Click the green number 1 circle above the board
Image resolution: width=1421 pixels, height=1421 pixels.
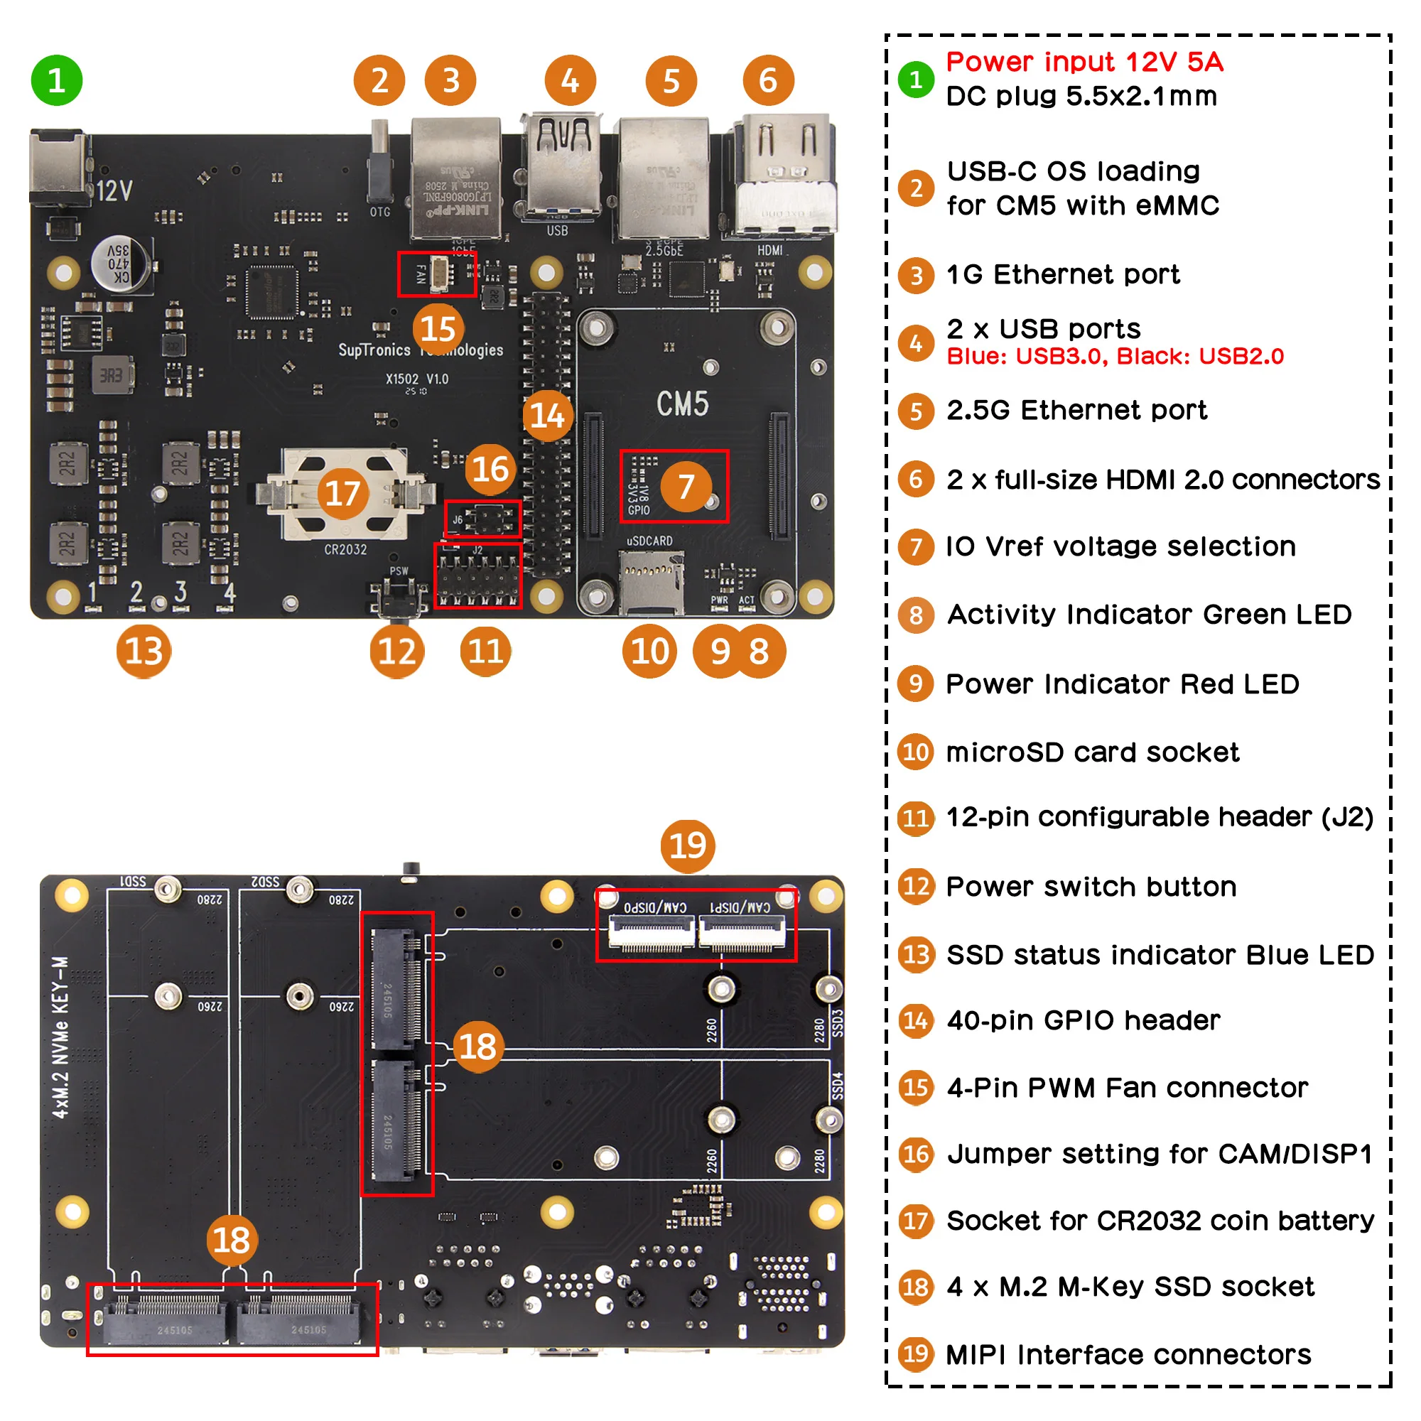tap(57, 80)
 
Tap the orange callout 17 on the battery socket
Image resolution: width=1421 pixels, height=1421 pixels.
tap(342, 494)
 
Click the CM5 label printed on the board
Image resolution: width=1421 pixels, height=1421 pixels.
tap(682, 404)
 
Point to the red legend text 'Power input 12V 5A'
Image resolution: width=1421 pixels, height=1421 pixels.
tap(1084, 62)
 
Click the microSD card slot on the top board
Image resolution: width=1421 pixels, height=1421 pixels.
tap(650, 583)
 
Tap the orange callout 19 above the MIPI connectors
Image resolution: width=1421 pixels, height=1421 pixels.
tap(687, 845)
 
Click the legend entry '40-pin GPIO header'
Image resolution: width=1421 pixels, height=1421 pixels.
tap(1083, 1020)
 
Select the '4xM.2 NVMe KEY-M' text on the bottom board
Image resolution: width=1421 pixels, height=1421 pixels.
tap(61, 1037)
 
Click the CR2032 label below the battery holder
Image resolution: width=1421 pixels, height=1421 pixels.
tap(345, 549)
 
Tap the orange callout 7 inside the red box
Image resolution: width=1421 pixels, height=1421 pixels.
tap(686, 486)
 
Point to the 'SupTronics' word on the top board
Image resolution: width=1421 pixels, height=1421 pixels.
tap(374, 350)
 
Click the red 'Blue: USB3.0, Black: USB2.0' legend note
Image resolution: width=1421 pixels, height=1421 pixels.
tap(1115, 357)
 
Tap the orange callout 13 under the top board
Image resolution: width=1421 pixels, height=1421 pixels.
tap(144, 651)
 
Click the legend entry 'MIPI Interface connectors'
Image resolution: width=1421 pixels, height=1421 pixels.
tap(1128, 1354)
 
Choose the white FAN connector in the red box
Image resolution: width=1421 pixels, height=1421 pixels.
tap(441, 274)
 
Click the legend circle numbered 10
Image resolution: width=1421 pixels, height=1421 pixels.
tap(916, 752)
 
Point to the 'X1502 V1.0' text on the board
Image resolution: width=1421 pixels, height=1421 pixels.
tap(417, 379)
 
